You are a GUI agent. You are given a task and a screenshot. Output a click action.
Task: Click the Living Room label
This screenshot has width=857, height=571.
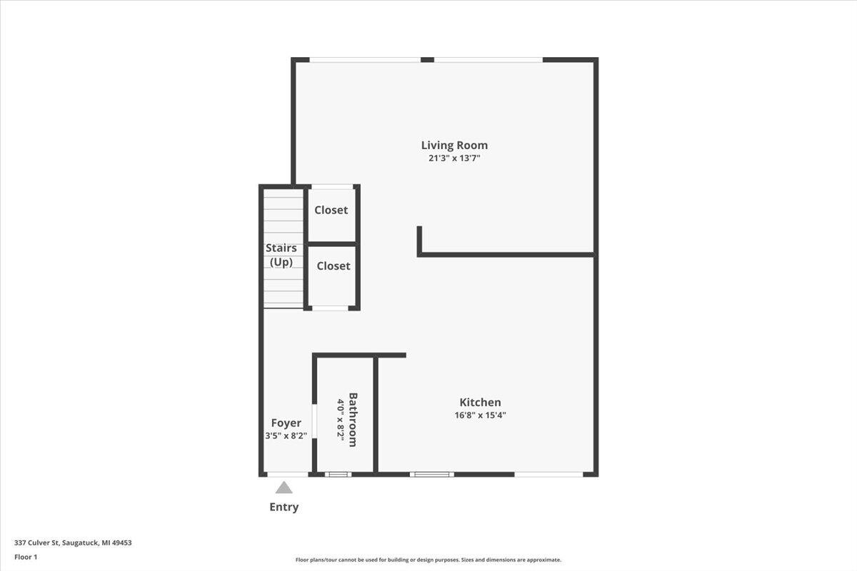454,146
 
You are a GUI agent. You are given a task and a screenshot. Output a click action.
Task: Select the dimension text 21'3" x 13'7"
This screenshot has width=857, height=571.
454,158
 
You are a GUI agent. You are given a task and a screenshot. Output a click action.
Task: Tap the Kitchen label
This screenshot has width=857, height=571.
480,403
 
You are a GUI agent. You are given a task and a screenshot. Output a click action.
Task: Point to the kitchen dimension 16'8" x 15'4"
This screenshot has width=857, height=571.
480,415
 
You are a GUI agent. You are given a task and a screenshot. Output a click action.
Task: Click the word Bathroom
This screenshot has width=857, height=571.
353,420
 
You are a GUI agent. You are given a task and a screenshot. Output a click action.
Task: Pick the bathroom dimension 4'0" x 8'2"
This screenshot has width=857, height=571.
341,421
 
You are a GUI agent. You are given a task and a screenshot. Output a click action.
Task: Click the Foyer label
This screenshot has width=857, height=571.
286,423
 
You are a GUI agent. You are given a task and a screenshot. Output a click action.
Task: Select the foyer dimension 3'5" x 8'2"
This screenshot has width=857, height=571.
286,435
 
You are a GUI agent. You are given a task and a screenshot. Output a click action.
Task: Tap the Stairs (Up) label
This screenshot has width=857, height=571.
281,255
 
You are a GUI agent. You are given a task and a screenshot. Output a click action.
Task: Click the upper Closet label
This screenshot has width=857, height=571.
331,210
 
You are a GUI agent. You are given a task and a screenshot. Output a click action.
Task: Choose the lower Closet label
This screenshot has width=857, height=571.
334,266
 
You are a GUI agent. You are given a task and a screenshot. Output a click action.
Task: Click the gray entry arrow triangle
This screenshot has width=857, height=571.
284,487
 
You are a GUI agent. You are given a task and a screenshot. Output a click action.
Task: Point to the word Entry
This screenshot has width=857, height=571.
284,507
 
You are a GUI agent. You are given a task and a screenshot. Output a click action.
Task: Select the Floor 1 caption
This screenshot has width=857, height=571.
26,557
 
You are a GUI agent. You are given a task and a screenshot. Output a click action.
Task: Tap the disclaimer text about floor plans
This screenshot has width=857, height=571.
428,560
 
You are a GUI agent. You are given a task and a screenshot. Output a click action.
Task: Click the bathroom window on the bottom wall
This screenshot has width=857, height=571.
338,474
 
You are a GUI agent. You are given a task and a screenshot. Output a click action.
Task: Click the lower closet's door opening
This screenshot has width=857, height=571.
330,308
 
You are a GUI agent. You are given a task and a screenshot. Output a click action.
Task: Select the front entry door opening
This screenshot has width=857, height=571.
287,474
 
